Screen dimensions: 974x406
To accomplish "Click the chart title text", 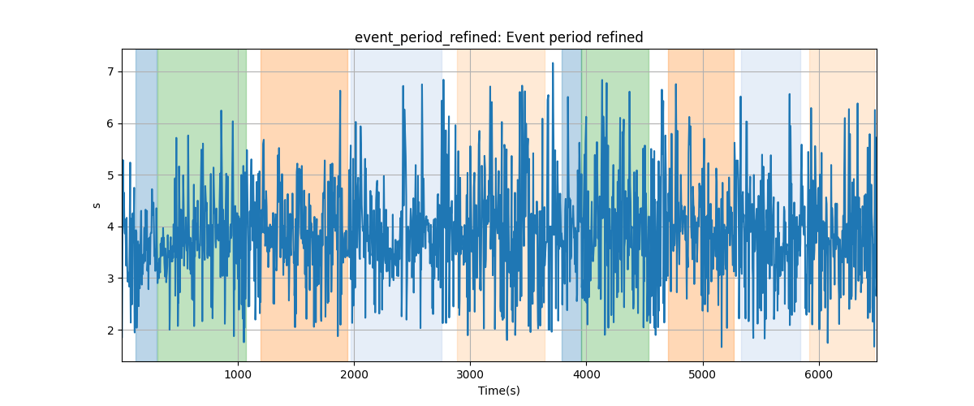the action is click(498, 37).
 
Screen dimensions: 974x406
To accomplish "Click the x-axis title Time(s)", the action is click(498, 391).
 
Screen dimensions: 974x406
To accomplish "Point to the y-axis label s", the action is click(97, 205).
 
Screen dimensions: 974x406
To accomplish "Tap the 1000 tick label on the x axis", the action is click(238, 374).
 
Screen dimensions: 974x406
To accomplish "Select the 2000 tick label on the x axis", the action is click(354, 374).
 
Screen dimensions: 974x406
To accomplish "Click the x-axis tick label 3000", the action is click(470, 374).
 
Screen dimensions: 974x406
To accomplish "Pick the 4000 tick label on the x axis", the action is click(587, 374).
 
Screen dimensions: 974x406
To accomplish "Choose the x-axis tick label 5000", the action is click(703, 374).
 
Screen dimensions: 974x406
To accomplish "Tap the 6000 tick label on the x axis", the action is click(819, 374).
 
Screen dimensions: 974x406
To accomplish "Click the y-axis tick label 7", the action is click(110, 71).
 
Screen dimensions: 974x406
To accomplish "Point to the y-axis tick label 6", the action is click(110, 123).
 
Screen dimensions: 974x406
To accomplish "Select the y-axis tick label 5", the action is click(110, 175).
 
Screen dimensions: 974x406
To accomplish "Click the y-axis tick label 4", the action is click(110, 227).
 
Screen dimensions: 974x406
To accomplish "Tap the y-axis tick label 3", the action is click(110, 279).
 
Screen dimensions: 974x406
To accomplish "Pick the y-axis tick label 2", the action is click(110, 330).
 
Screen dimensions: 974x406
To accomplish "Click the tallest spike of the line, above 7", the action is click(553, 63).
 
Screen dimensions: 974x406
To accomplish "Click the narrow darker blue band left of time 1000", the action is click(147, 205).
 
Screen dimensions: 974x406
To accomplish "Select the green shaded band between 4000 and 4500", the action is click(615, 205).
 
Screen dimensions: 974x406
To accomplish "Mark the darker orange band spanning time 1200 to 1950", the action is click(304, 205).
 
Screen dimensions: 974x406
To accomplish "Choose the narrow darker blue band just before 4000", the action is click(571, 205).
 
